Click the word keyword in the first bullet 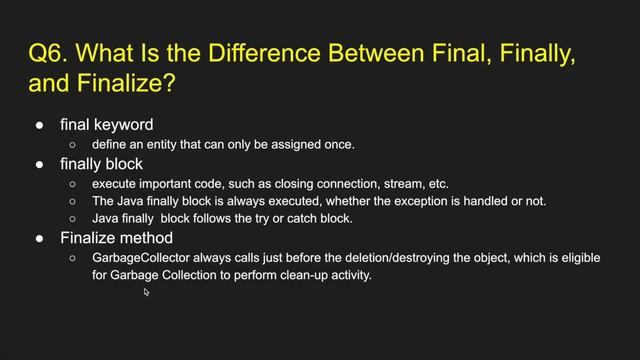(120, 125)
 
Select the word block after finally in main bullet (122, 164)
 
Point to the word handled (472, 201)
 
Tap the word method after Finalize (147, 238)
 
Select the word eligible (575, 258)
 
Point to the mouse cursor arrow (146, 292)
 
